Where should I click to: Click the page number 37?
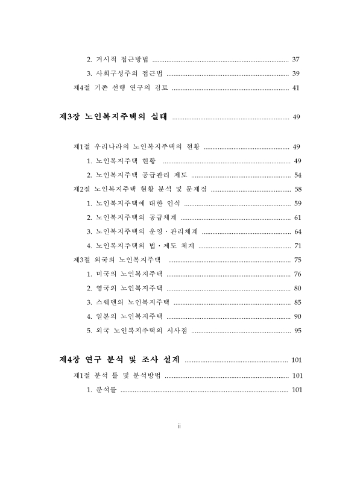pos(295,60)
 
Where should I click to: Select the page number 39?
pos(295,74)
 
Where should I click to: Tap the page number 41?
pos(295,88)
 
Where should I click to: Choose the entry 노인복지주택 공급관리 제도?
pos(137,175)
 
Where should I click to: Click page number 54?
pos(297,175)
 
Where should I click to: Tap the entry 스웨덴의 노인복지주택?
pos(128,302)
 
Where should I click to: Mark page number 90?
pos(297,316)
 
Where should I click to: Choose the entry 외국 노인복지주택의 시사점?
pos(137,330)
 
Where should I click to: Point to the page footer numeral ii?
pos(179,427)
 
